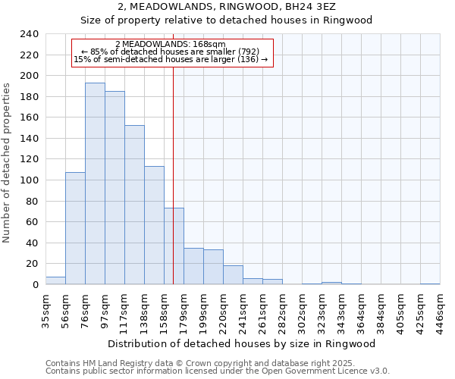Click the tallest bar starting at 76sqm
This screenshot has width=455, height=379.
[x=95, y=183]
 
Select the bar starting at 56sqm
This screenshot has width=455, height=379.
[x=75, y=228]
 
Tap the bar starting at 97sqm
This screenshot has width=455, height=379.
[x=115, y=187]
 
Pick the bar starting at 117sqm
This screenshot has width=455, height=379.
[x=134, y=205]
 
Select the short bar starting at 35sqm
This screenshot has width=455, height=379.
[x=55, y=280]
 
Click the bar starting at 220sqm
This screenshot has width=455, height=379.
[x=233, y=275]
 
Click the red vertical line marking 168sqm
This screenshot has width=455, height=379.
[x=174, y=167]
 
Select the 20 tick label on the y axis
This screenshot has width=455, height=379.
[x=31, y=264]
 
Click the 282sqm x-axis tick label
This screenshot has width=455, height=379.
[x=282, y=310]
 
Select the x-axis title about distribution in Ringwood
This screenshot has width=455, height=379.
[x=242, y=343]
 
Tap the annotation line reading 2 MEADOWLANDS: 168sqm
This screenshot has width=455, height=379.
[x=171, y=44]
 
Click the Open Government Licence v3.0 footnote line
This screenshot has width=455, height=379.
[x=218, y=371]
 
